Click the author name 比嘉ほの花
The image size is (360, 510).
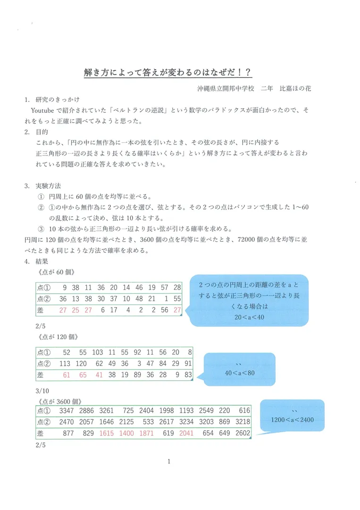click(296, 88)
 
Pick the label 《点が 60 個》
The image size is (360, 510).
click(54, 273)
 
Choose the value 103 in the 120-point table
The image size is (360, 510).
click(98, 352)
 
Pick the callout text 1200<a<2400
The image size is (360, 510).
click(293, 419)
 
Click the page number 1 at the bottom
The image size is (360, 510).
click(168, 461)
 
